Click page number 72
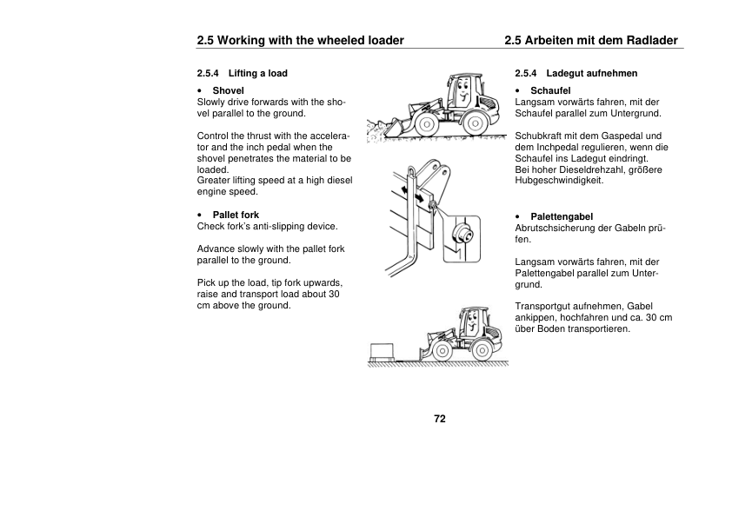click(x=440, y=419)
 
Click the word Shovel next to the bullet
click(x=229, y=90)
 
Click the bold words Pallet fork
click(x=236, y=215)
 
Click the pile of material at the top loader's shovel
click(x=383, y=131)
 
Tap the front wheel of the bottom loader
click(x=441, y=353)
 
